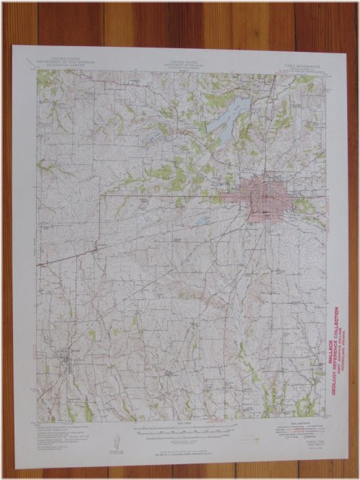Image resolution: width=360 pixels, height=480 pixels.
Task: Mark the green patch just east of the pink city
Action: [303, 205]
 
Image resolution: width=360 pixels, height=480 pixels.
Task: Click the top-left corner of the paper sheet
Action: [14, 46]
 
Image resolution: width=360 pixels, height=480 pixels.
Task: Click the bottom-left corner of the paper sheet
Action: [17, 464]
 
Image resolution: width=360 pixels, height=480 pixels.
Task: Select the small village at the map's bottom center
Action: [170, 373]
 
